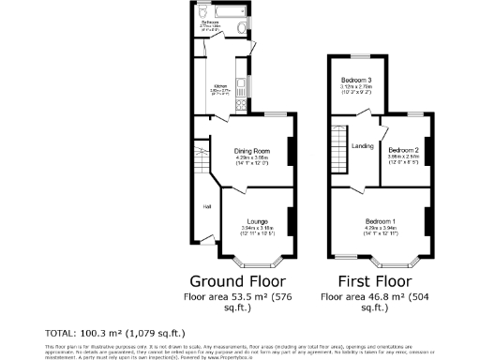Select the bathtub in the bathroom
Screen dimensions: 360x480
click(217, 15)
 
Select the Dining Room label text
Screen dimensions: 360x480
click(252, 151)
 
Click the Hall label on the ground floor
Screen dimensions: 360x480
click(204, 206)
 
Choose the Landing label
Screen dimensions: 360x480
click(362, 146)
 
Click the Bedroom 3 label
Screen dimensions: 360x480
click(355, 81)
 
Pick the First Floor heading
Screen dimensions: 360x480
click(367, 280)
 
